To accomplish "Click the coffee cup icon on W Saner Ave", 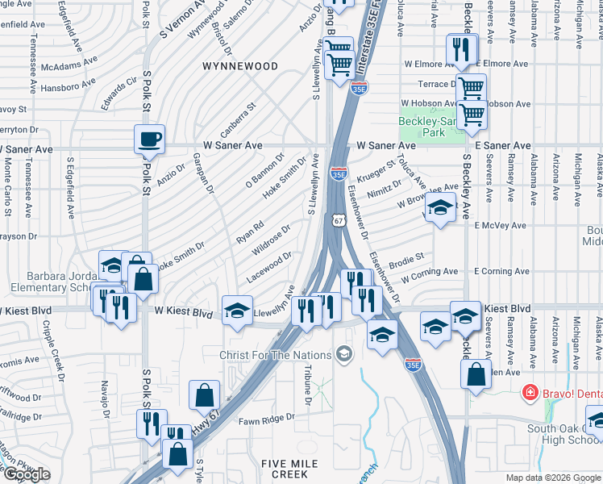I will click(x=150, y=140).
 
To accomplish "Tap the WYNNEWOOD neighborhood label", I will click(x=240, y=66).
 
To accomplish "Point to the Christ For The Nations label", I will click(x=275, y=355).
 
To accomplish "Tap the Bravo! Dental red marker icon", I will click(x=530, y=393).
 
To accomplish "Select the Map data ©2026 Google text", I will click(x=553, y=478).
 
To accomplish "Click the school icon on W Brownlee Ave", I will click(x=440, y=209).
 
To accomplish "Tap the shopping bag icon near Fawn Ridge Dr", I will click(x=205, y=396).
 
